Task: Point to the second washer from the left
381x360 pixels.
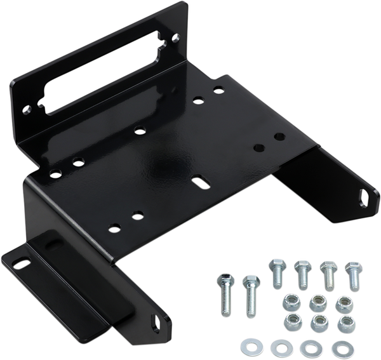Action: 277,348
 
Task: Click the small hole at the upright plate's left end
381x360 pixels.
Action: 27,112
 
